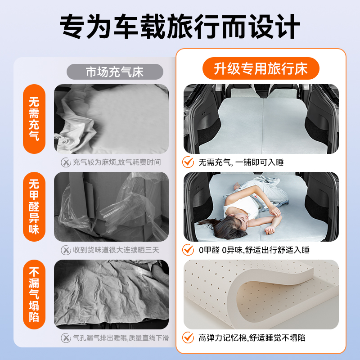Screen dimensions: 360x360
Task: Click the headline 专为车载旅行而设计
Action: coord(180,26)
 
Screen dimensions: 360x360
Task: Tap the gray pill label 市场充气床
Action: coord(115,72)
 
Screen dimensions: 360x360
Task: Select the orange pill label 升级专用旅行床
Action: coord(261,68)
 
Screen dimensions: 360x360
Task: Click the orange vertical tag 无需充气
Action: coord(34,119)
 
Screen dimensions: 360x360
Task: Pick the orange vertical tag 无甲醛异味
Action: coord(34,207)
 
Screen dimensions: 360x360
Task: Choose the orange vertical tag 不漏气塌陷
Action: coord(34,295)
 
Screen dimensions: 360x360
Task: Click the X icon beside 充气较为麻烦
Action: coord(66,162)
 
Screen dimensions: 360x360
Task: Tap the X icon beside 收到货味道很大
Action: coord(66,250)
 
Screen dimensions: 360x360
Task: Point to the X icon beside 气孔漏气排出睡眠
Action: coord(66,338)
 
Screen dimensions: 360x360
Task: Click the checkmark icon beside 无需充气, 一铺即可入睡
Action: coord(188,162)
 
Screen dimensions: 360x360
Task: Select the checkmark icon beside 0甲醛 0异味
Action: coord(188,250)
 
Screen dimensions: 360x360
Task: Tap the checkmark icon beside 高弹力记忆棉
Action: coord(188,337)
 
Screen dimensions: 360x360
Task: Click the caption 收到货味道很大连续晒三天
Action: coord(116,250)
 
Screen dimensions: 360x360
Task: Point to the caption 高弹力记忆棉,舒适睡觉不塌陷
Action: coord(252,338)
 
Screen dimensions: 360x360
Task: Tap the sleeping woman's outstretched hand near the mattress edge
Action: coord(270,230)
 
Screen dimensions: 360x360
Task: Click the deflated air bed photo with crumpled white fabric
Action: coord(111,119)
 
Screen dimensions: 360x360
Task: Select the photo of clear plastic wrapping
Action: coord(111,207)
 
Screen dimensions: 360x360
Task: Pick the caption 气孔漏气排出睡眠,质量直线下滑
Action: coord(121,338)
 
